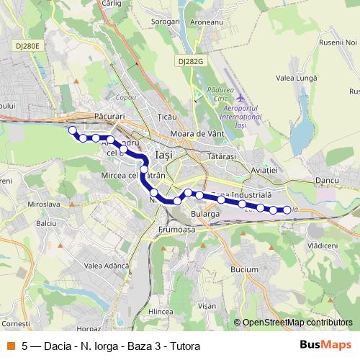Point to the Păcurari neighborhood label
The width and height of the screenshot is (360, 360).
click(110, 115)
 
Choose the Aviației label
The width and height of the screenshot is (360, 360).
click(264, 168)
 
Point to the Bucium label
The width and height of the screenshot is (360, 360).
click(245, 269)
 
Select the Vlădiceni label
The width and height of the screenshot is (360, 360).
click(322, 246)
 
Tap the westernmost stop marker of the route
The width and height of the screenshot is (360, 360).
click(72, 130)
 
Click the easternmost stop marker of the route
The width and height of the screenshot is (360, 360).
click(287, 210)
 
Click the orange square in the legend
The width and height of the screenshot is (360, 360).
click(10, 345)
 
